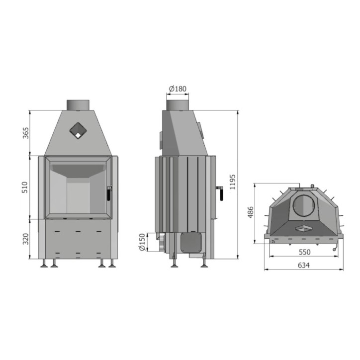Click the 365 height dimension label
[26, 133]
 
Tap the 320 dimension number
[26, 239]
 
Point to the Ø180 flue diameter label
[178, 89]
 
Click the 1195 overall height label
[233, 182]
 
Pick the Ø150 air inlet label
[142, 242]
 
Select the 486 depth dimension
[251, 212]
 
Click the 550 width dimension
[304, 252]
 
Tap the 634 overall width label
[304, 265]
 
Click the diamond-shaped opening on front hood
[78, 130]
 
